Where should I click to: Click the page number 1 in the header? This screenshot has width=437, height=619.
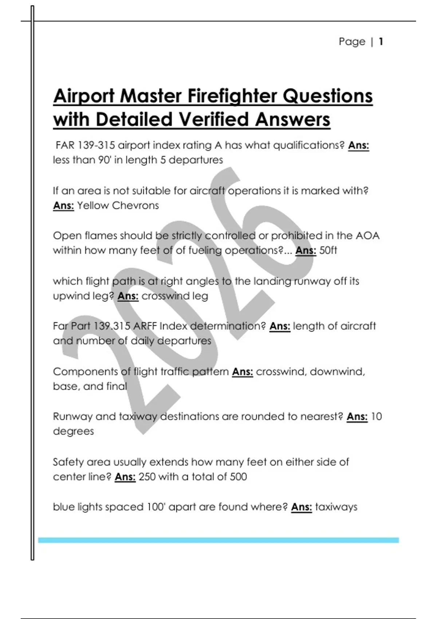(381, 42)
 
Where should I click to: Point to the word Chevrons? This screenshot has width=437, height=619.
(135, 205)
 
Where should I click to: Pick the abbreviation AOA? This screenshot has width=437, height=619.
(367, 236)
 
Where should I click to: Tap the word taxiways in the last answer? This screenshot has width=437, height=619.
(336, 507)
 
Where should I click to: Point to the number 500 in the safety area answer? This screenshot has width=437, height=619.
(238, 477)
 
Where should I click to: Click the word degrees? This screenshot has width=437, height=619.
(73, 431)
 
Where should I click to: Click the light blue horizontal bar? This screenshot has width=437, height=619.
(219, 540)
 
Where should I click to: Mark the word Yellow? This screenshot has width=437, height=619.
(93, 205)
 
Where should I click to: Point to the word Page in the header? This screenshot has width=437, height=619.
(352, 42)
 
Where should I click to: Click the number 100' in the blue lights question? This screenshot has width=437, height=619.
(157, 507)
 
